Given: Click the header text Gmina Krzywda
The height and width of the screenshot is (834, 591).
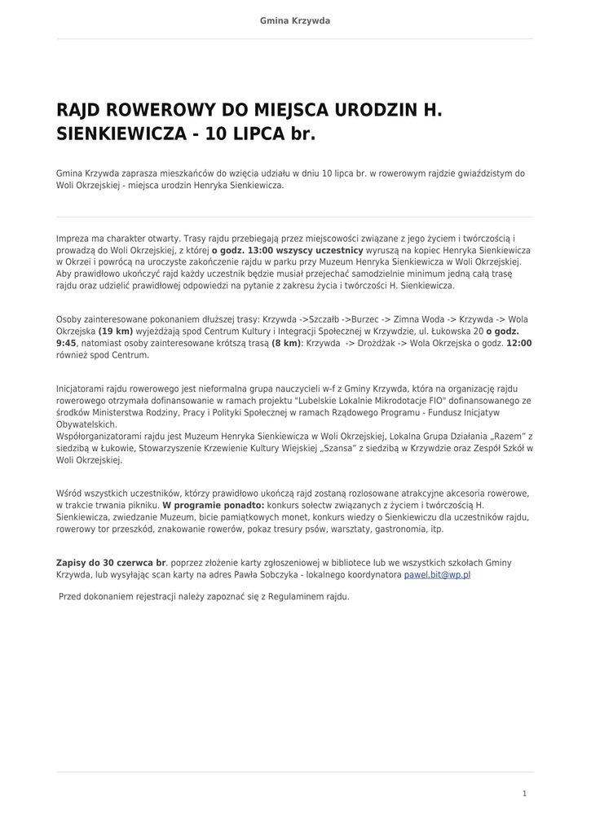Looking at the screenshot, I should pos(295,20).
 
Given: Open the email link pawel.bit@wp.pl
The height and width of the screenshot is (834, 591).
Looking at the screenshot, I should pos(437,575).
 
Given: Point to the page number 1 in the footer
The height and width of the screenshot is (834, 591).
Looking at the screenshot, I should pos(524,793).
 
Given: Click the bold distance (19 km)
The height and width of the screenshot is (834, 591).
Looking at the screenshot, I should pos(116,331).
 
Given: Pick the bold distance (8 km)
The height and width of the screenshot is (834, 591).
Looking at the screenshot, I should pos(286,344).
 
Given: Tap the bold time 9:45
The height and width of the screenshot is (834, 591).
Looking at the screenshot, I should pos(66,344).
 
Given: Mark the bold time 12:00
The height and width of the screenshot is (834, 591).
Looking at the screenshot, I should pos(518,344).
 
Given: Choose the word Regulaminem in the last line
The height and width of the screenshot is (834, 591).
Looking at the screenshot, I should pos(268,596).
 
